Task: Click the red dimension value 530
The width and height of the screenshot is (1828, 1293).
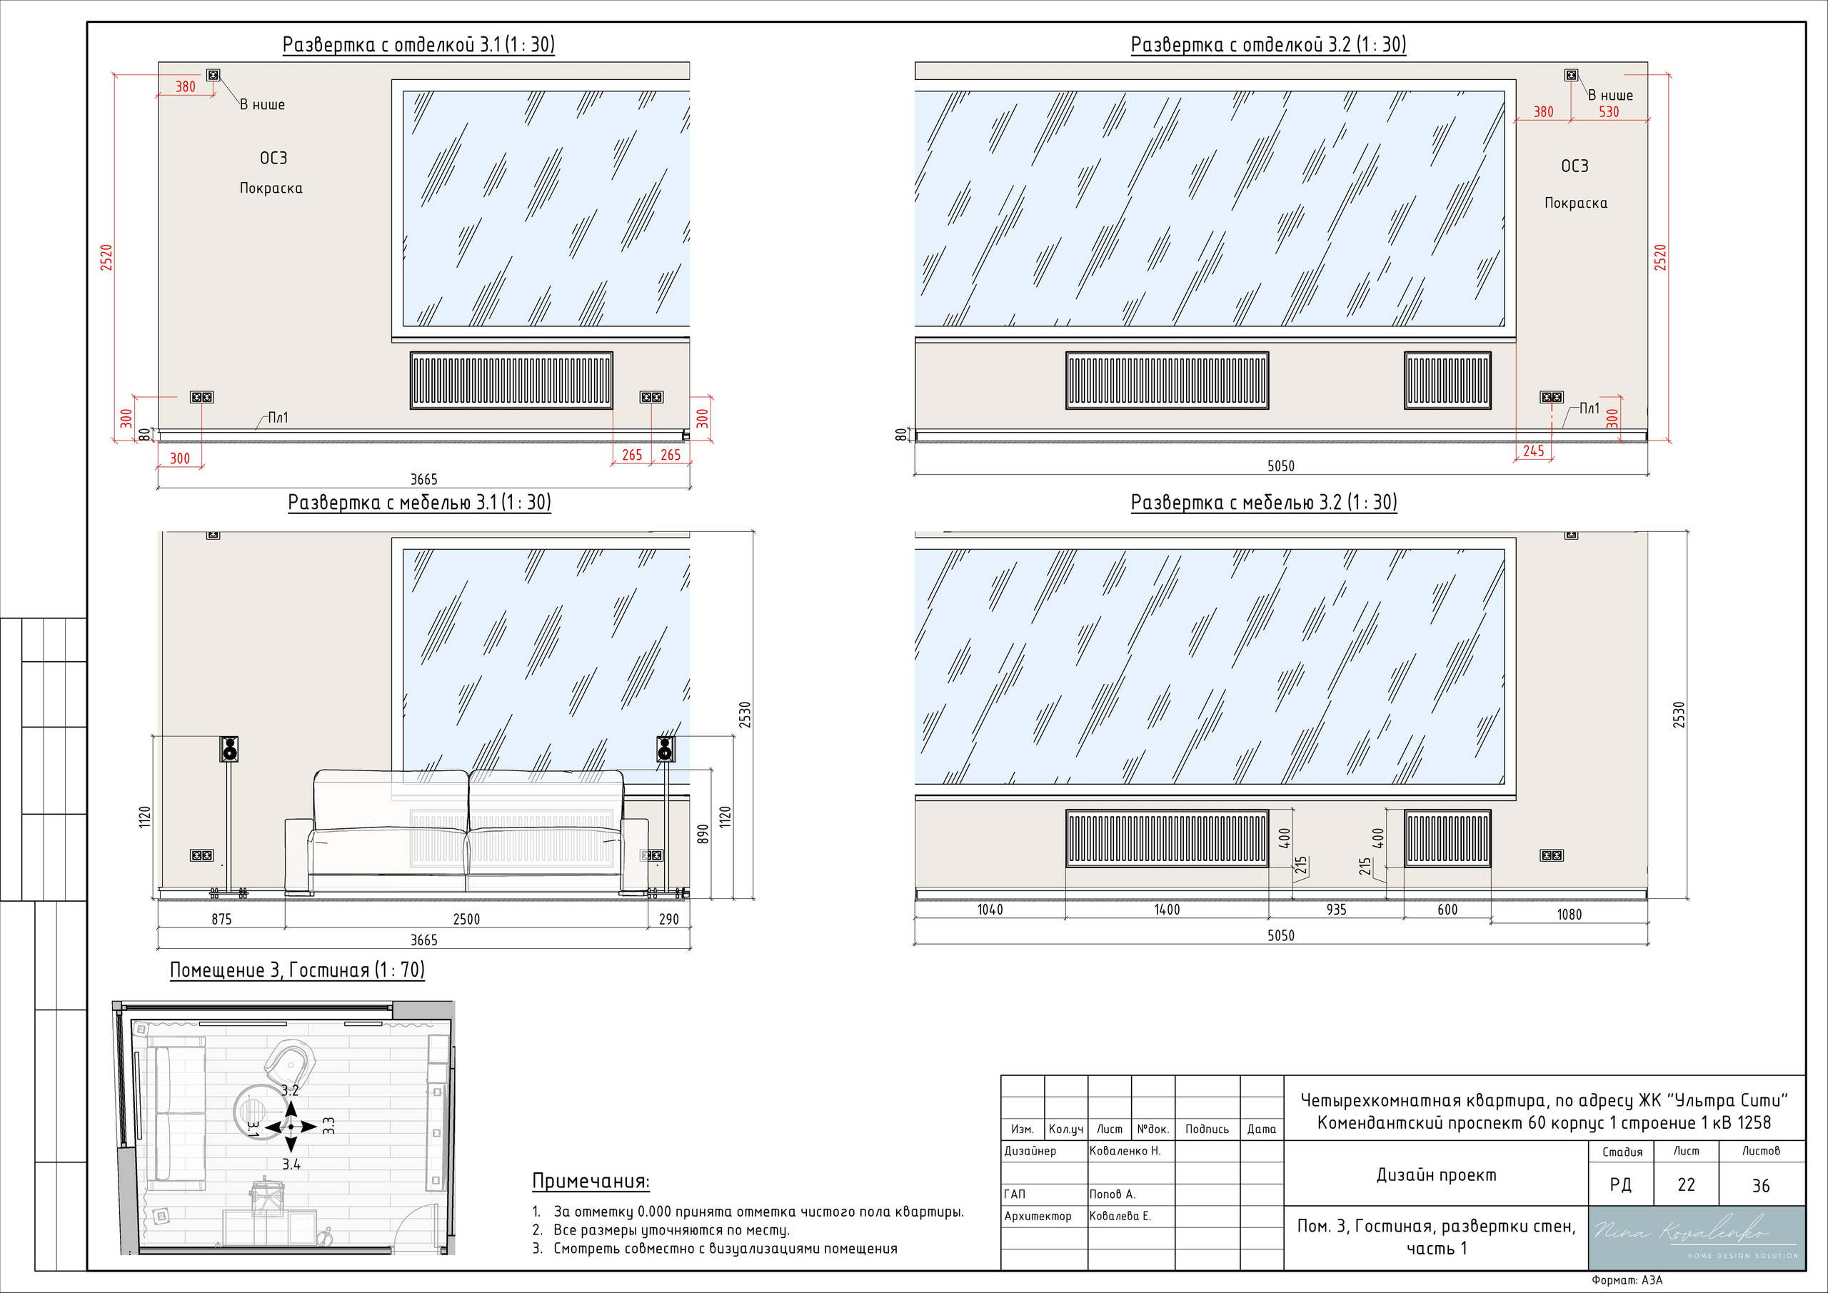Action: tap(1609, 112)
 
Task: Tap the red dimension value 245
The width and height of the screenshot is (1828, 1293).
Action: tap(1533, 451)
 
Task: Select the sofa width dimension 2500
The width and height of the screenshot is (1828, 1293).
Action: tap(466, 919)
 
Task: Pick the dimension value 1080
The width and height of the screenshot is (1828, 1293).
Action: tap(1570, 914)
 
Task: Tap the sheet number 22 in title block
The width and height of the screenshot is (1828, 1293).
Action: tap(1685, 1184)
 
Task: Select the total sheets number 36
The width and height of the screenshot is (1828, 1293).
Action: tap(1760, 1185)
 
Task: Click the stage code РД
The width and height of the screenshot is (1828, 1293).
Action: tap(1620, 1184)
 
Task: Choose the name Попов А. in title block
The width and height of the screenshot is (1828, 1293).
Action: tap(1113, 1194)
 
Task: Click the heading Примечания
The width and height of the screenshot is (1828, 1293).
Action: tap(590, 1181)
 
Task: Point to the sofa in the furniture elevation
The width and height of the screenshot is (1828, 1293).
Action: tap(466, 832)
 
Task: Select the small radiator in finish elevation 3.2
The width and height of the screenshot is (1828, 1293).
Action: tap(1447, 381)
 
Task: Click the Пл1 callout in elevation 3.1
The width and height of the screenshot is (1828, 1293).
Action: tap(278, 417)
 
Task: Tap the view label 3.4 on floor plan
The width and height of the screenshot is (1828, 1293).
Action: tap(291, 1164)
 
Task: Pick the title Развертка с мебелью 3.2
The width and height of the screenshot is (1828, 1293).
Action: tap(1263, 503)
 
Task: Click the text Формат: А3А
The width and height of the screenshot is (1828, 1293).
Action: tap(1627, 1280)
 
